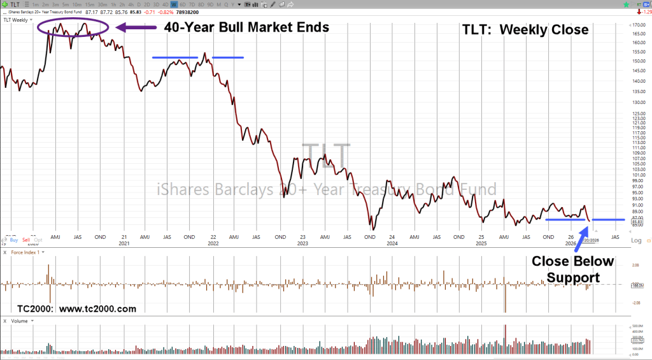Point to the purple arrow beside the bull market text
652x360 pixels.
[x=136, y=27]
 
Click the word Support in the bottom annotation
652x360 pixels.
[x=573, y=278]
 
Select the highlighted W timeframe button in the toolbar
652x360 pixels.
[x=174, y=4]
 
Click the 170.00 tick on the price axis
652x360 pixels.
[x=634, y=25]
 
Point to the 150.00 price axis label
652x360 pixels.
[x=634, y=61]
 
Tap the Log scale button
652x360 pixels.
[x=636, y=241]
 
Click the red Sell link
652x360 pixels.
[x=26, y=240]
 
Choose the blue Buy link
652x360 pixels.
[x=14, y=240]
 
